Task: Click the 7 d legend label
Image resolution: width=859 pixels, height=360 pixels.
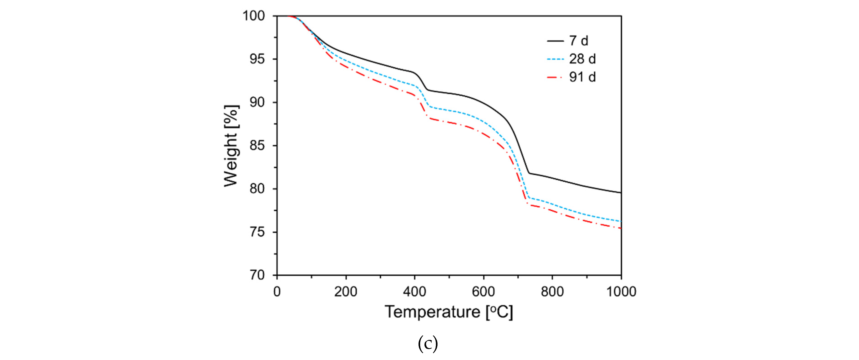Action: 579,41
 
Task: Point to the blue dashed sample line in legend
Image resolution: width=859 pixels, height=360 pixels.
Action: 555,59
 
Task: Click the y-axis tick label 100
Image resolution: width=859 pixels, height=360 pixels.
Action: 254,16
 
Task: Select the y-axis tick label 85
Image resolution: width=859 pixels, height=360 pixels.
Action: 257,146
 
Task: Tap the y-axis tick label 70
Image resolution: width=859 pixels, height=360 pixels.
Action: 257,275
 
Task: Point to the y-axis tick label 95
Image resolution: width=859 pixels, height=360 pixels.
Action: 257,59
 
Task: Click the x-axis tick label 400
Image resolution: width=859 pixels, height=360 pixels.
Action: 414,292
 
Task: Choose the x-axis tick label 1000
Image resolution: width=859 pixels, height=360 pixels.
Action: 621,292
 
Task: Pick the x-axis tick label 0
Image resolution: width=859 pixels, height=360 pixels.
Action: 277,292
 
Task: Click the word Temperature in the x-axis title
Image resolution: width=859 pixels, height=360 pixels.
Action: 432,312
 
